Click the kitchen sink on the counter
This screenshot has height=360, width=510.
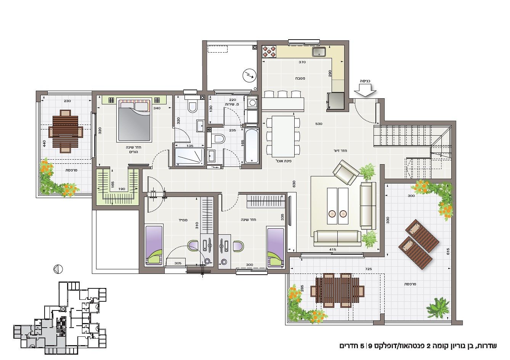(x=319, y=52)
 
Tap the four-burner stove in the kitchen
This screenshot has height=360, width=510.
(x=269, y=52)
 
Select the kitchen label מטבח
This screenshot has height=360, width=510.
(x=300, y=78)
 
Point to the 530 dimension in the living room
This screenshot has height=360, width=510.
(x=319, y=124)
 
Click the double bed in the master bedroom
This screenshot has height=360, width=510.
(x=134, y=120)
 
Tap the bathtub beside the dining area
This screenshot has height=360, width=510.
(x=252, y=146)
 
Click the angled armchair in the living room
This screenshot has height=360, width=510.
(x=346, y=172)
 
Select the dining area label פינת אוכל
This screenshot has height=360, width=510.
(x=284, y=161)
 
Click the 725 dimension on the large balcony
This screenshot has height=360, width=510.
(x=368, y=269)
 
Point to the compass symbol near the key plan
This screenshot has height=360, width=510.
(x=58, y=269)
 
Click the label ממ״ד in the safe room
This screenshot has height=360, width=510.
(x=183, y=220)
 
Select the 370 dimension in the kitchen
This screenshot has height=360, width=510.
(x=302, y=62)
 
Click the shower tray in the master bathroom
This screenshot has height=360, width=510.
(x=190, y=157)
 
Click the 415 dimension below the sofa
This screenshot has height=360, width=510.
(x=333, y=250)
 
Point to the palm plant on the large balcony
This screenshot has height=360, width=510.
(x=438, y=308)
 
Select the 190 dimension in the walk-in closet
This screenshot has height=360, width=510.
(x=122, y=189)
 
